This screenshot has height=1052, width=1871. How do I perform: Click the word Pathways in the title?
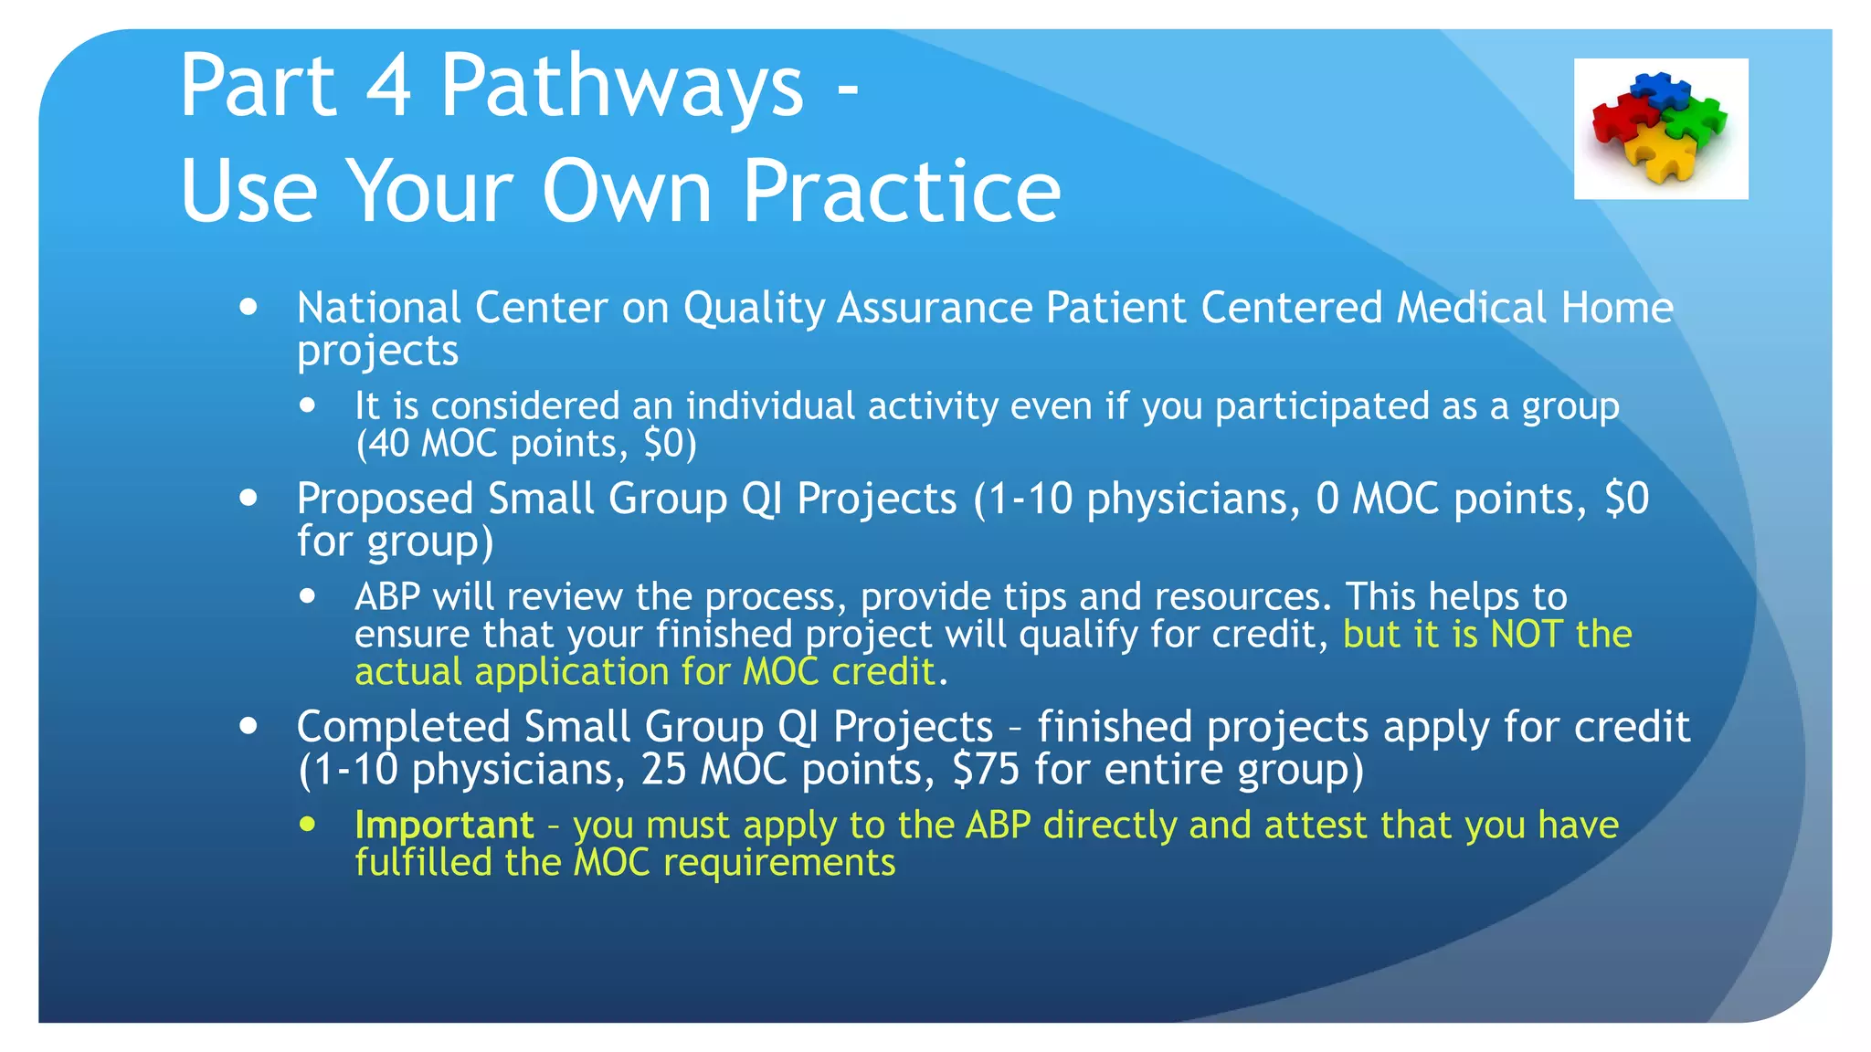click(621, 87)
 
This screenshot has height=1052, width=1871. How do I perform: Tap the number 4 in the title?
click(387, 87)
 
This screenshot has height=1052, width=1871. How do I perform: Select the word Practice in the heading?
click(901, 192)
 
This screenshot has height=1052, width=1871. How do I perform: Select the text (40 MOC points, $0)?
click(525, 444)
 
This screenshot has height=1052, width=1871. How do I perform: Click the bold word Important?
click(444, 826)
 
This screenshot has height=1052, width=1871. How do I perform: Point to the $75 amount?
click(985, 770)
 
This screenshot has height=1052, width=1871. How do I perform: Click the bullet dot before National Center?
click(248, 307)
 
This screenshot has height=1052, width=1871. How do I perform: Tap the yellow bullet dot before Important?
click(308, 824)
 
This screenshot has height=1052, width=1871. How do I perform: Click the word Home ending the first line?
click(1617, 308)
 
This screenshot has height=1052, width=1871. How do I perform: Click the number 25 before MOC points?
click(663, 770)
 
